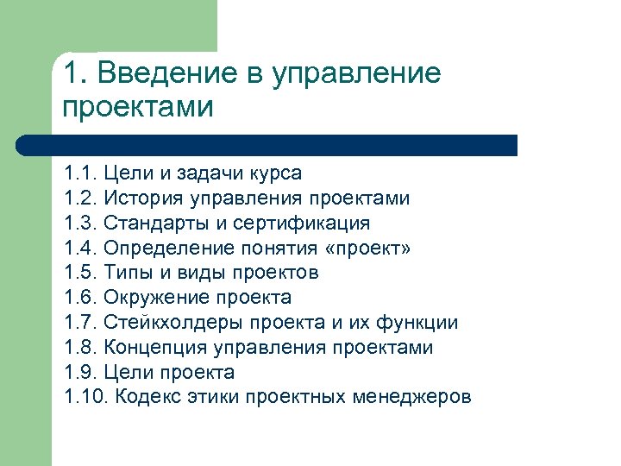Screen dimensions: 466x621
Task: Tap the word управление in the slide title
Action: (x=356, y=74)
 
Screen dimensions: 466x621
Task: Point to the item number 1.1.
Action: (x=81, y=173)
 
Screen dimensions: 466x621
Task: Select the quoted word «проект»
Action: (x=367, y=249)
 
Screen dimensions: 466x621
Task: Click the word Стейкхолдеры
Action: (x=173, y=324)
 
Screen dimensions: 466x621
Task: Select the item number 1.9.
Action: (x=81, y=373)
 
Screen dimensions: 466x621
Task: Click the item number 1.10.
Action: (x=86, y=398)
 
